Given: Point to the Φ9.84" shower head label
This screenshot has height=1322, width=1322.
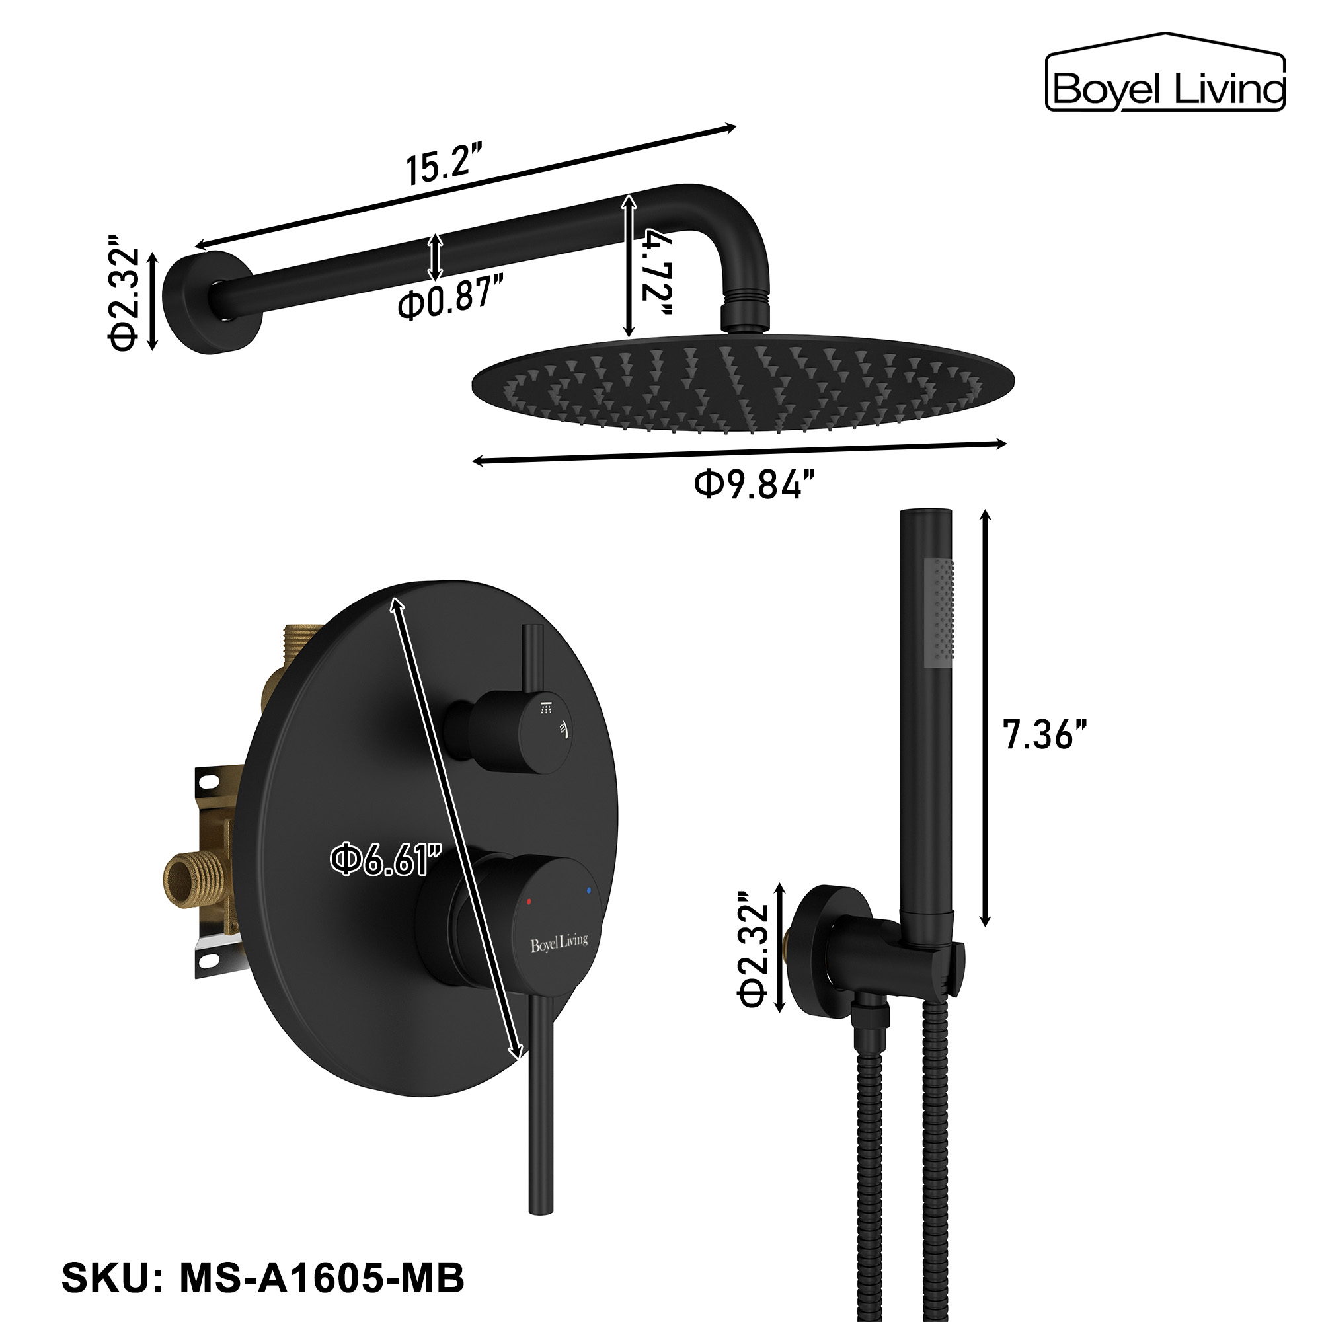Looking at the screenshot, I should pyautogui.click(x=754, y=485).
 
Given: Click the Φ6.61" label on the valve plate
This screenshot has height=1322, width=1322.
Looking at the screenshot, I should pyautogui.click(x=385, y=860).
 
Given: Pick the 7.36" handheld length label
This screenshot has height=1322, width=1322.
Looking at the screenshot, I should pyautogui.click(x=1044, y=734).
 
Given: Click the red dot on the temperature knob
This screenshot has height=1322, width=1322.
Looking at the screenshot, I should pyautogui.click(x=528, y=902).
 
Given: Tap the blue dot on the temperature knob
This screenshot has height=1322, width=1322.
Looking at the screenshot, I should pyautogui.click(x=588, y=890).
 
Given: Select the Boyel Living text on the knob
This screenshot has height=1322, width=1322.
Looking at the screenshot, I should pyautogui.click(x=559, y=943).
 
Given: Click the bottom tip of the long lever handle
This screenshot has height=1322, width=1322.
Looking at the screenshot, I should pyautogui.click(x=542, y=1229).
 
